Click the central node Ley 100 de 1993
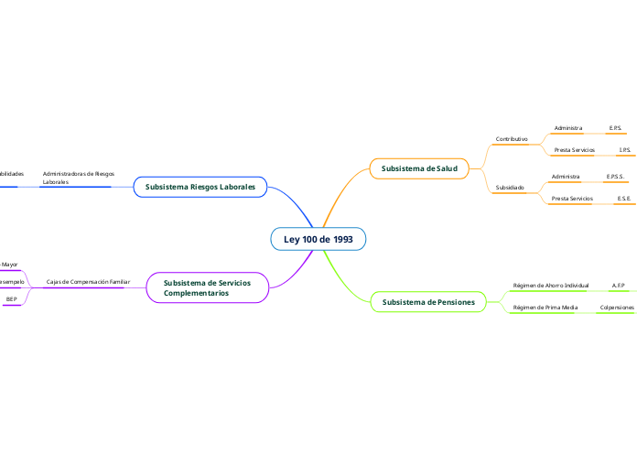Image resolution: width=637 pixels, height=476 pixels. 318,239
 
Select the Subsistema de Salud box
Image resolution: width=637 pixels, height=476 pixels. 418,168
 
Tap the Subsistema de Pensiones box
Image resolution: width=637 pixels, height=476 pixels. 428,301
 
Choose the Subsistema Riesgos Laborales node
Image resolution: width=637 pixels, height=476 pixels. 200,187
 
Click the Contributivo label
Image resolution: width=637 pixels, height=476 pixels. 512,139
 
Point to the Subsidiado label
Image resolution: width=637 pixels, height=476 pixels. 510,187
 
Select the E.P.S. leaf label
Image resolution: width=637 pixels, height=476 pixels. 615,128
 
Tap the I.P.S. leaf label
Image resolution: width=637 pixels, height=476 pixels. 624,149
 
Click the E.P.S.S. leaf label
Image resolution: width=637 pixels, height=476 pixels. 615,176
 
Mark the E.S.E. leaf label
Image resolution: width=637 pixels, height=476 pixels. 623,198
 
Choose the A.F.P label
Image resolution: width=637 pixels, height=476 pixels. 618,286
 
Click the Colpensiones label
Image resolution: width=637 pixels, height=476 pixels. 617,308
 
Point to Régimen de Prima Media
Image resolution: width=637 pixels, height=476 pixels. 545,308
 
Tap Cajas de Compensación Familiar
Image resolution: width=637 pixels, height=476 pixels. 88,282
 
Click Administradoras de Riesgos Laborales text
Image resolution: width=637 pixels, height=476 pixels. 78,178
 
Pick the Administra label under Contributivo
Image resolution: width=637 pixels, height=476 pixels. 568,128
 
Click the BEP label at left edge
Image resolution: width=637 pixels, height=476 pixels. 11,299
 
